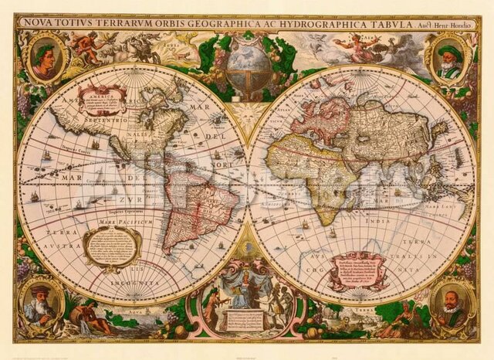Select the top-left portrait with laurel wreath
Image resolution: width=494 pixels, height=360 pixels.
(x=45, y=59)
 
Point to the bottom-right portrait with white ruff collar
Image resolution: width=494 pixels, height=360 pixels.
(x=452, y=305)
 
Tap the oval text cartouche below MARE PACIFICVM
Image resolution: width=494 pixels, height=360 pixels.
(x=113, y=246)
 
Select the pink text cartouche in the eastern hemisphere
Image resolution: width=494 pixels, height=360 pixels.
(x=356, y=270)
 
